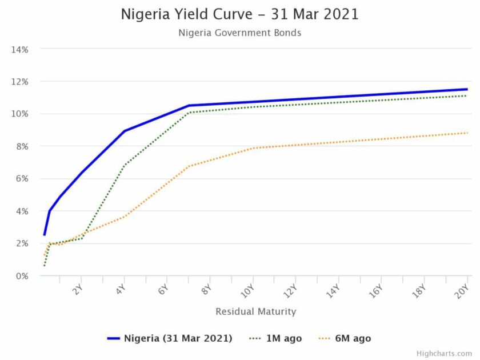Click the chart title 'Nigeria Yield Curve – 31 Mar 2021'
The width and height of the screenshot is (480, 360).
click(x=239, y=14)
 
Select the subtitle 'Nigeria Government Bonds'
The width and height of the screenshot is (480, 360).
click(x=239, y=33)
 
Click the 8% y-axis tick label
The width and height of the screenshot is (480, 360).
click(x=22, y=146)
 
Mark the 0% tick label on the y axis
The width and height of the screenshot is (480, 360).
click(x=22, y=276)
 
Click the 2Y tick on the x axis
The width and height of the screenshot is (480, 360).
click(x=79, y=288)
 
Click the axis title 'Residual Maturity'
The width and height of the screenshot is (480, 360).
click(x=255, y=311)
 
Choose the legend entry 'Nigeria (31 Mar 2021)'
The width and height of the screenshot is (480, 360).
click(x=170, y=338)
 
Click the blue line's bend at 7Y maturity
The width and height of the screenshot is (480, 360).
click(x=189, y=105)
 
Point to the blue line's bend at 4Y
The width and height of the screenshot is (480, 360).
click(x=125, y=131)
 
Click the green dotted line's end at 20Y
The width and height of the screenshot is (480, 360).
click(x=467, y=95)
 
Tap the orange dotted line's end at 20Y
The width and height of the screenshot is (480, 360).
click(x=467, y=133)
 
